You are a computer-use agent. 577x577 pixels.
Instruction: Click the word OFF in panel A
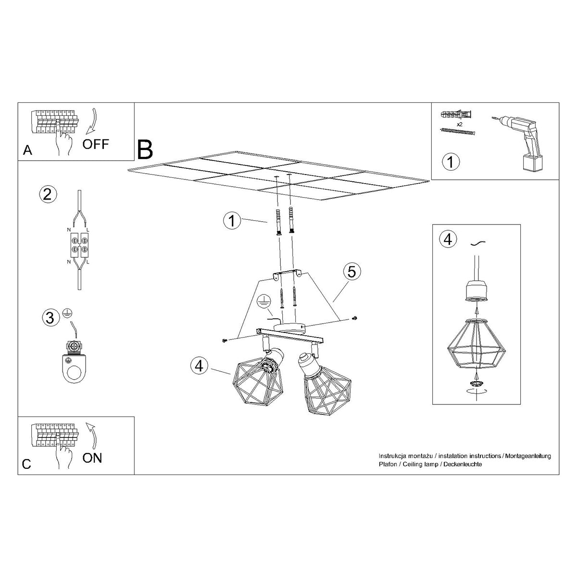(96, 144)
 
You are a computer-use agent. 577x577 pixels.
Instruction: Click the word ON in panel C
(92, 457)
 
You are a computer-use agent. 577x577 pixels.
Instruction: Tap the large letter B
(145, 150)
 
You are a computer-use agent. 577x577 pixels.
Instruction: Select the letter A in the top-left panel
(28, 151)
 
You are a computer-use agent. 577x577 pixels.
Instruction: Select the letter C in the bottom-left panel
(27, 464)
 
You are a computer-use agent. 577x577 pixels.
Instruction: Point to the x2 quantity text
(459, 124)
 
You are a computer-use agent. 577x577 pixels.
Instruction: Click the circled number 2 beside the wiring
(47, 194)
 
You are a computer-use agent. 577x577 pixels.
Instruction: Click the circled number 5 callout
(352, 272)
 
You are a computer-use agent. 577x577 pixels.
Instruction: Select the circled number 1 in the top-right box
(451, 161)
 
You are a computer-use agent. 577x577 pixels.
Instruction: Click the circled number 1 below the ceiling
(232, 221)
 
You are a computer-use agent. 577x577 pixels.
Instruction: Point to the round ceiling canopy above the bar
(288, 327)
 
